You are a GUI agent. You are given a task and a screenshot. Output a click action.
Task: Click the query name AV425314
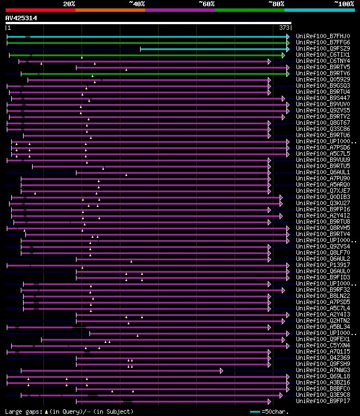click(21, 18)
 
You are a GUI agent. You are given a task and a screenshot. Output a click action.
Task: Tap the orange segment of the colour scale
click(110, 10)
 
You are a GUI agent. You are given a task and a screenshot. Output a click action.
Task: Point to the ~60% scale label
click(206, 4)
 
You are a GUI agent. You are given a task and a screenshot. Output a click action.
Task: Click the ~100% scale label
click(344, 4)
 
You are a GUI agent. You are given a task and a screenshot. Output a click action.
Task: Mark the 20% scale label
click(69, 4)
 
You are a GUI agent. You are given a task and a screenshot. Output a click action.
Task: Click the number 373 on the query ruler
click(284, 28)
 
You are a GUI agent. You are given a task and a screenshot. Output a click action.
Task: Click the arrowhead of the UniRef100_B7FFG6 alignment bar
click(288, 42)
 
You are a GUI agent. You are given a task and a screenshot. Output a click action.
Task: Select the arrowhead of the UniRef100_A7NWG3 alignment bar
click(222, 370)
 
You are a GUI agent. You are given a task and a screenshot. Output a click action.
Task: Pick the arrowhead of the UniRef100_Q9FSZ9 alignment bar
click(288, 48)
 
